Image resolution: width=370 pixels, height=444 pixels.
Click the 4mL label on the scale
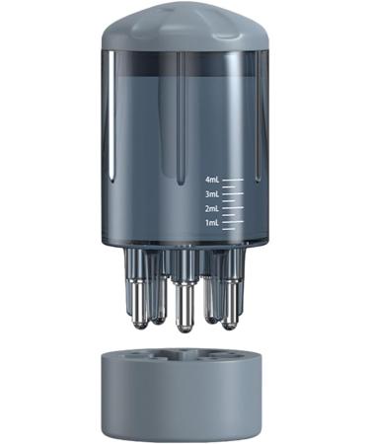click(211, 182)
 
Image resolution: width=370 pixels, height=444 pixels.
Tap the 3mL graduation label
click(211, 195)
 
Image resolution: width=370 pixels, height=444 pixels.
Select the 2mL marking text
click(211, 209)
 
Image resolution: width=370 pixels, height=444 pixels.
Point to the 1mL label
click(211, 223)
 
